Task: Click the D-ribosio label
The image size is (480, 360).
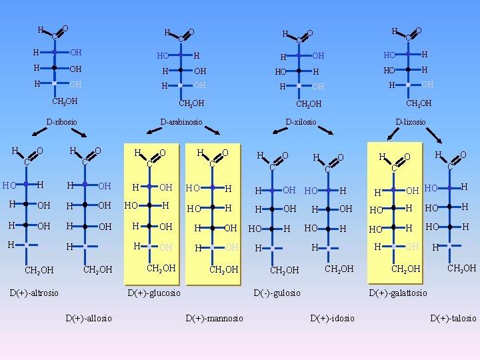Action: click(x=61, y=122)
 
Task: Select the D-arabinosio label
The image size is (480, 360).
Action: click(x=181, y=122)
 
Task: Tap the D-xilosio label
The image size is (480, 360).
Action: click(x=301, y=122)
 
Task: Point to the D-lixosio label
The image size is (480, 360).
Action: click(x=411, y=122)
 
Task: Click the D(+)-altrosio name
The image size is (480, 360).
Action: click(x=34, y=293)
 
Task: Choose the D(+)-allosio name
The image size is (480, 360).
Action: click(x=89, y=318)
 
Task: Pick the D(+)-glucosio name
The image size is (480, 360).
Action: click(x=154, y=293)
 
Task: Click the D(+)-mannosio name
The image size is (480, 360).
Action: click(x=214, y=318)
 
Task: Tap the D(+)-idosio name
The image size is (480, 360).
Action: click(x=333, y=318)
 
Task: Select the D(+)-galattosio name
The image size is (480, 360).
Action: click(x=398, y=293)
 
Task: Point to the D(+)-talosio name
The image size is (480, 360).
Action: click(x=453, y=318)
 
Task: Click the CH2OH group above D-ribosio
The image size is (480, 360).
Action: click(x=65, y=101)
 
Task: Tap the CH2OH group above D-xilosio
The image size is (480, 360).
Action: click(x=309, y=104)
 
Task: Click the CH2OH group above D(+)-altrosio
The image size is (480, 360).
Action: click(x=39, y=270)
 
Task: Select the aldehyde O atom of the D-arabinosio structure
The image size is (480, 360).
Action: click(x=191, y=31)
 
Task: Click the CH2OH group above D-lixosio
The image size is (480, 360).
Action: click(x=419, y=103)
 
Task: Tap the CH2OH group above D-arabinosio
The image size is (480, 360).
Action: click(x=191, y=103)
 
